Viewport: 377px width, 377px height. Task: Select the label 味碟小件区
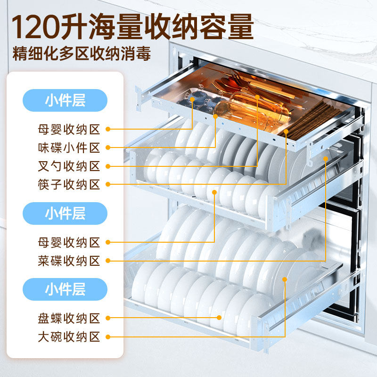point(69,148)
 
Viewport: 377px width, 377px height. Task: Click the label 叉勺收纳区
point(69,166)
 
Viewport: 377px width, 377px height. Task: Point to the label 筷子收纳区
point(69,184)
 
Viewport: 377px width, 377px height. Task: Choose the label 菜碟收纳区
point(69,261)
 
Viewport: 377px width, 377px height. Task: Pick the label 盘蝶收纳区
point(69,319)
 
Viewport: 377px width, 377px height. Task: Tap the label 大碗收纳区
point(69,337)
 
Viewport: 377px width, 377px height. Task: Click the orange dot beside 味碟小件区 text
point(108,148)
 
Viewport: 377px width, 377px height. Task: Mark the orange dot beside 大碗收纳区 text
point(108,337)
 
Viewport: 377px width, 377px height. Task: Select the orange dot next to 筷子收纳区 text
point(108,184)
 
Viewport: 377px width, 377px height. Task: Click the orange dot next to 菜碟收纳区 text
point(108,261)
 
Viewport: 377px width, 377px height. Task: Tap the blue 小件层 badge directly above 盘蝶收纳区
point(66,289)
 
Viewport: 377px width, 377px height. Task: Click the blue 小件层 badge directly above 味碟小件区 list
point(66,100)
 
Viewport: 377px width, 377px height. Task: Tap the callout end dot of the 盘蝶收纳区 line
point(220,317)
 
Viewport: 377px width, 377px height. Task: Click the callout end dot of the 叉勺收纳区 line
point(258,97)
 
